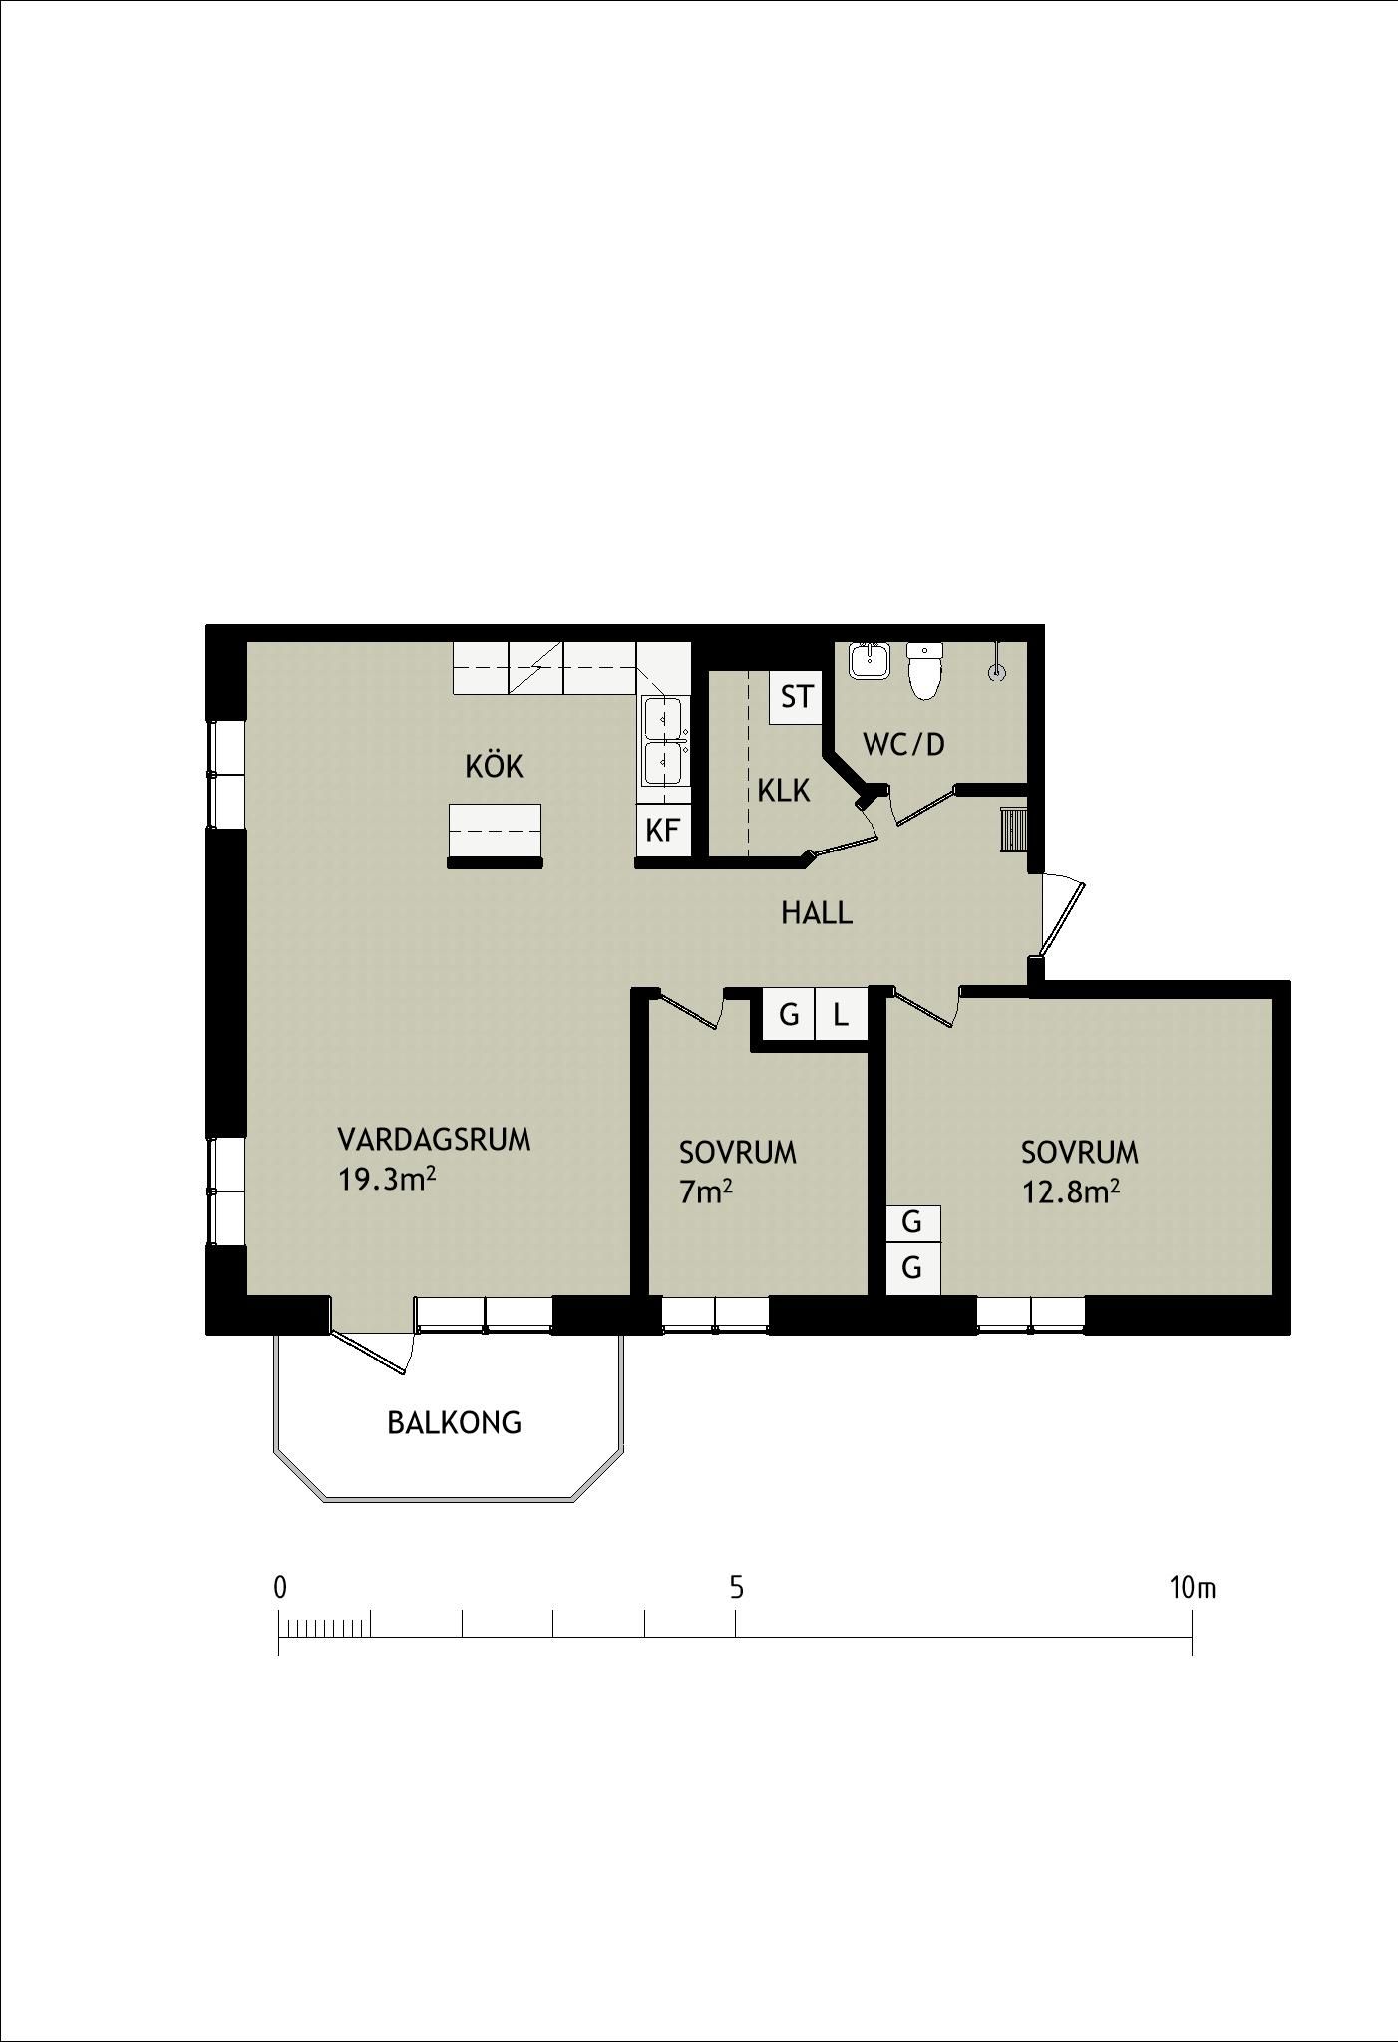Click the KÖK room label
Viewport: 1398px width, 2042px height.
point(494,766)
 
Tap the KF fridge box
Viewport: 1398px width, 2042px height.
point(663,830)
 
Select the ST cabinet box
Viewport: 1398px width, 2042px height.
point(796,696)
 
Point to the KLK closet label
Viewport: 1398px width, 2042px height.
point(784,791)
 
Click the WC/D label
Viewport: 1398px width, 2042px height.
point(903,744)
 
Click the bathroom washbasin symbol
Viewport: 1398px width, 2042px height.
point(870,661)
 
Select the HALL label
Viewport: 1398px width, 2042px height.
point(817,913)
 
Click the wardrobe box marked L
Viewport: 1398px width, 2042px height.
point(841,1015)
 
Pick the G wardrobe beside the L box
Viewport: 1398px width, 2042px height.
point(789,1015)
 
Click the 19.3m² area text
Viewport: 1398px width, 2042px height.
point(387,1180)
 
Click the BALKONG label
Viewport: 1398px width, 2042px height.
point(454,1423)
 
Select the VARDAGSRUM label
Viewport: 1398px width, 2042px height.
point(434,1140)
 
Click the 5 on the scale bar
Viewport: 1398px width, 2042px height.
point(736,1588)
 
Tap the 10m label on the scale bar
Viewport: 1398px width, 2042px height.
point(1193,1588)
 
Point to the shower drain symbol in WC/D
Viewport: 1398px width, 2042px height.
point(996,673)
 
